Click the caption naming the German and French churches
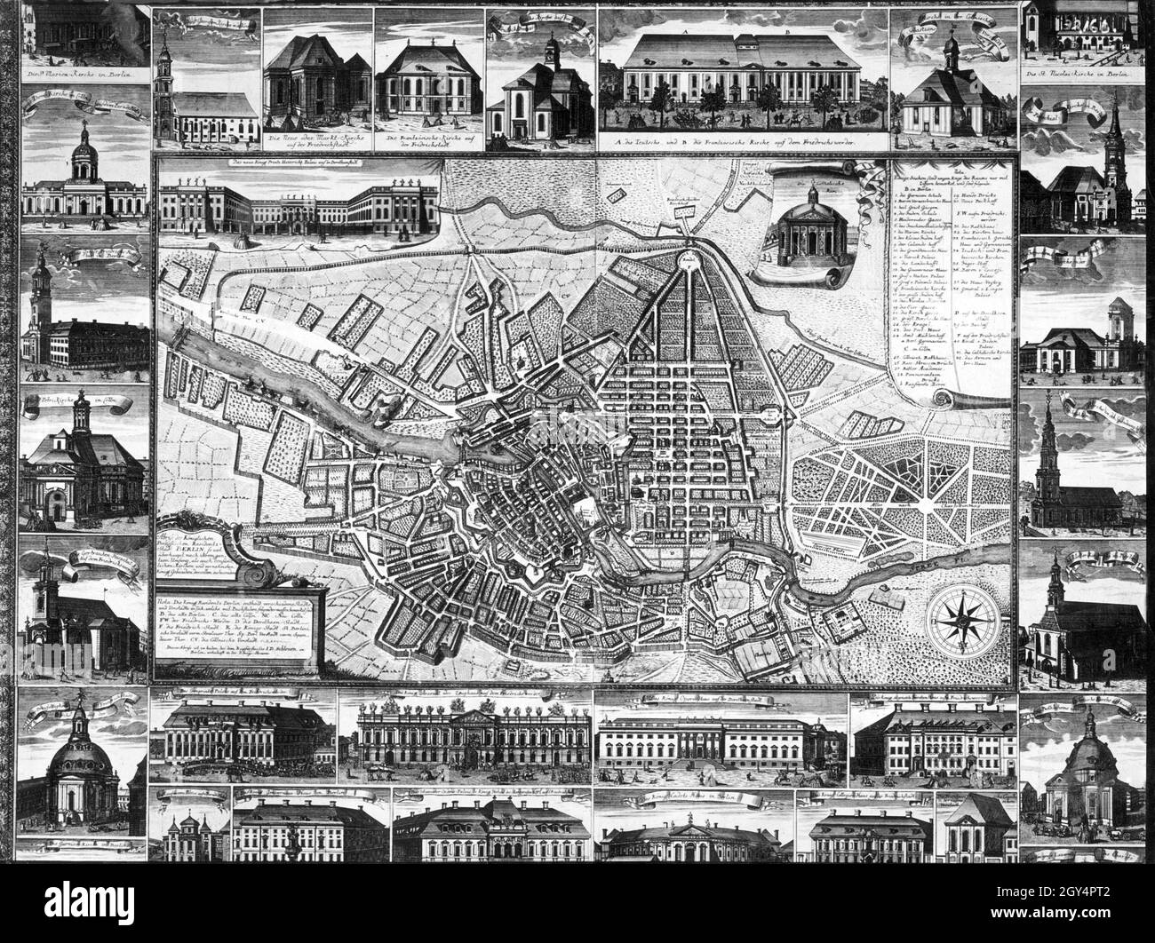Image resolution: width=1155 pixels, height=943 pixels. point(745,140)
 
